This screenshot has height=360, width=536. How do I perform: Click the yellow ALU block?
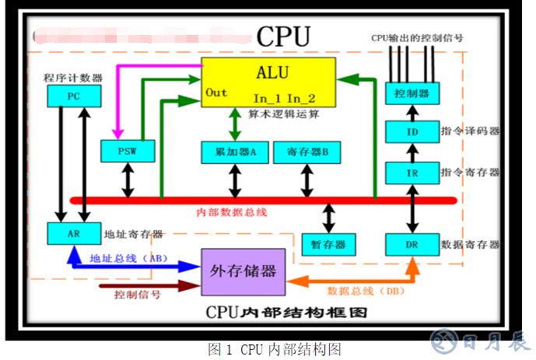[x=269, y=82]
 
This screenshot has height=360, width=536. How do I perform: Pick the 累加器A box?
[x=234, y=152]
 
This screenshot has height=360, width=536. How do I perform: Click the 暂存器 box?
[x=328, y=243]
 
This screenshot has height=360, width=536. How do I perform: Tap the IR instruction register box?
[x=412, y=171]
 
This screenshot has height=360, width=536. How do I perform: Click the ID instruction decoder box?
[x=412, y=131]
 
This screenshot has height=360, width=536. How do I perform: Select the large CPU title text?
[x=283, y=37]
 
